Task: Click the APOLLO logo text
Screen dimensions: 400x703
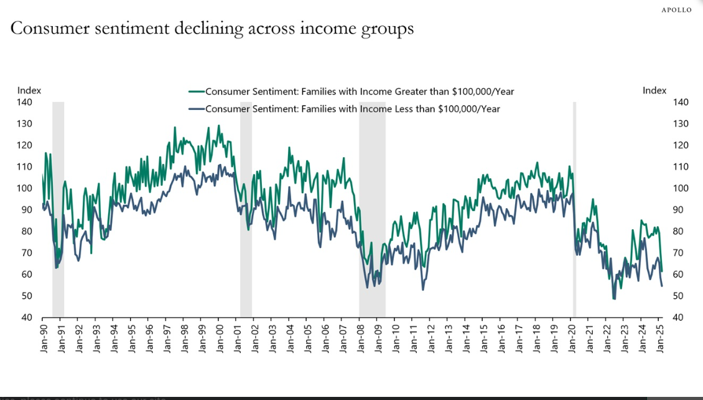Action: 676,10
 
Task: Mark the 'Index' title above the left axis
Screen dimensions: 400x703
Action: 29,91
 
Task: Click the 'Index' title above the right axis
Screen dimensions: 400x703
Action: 654,91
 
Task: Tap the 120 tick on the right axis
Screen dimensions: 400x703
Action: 681,145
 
